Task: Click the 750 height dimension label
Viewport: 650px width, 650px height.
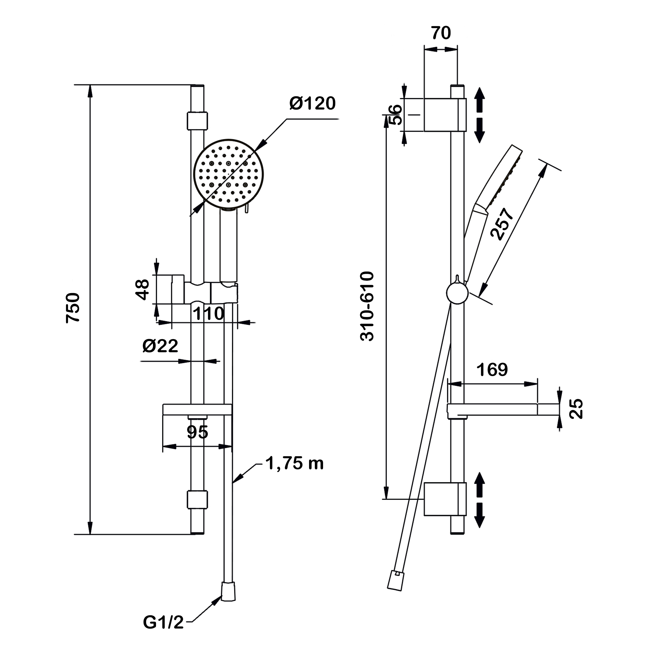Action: point(73,308)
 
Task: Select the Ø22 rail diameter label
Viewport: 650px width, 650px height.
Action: point(160,346)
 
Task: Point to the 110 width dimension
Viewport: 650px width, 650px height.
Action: point(208,313)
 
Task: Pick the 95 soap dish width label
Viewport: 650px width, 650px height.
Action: point(198,432)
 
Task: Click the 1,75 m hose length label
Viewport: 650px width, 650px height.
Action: point(294,463)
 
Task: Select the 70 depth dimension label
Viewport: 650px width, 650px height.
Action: point(441,33)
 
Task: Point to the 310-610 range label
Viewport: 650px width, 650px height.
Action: point(367,306)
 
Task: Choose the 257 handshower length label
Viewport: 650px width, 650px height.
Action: point(502,224)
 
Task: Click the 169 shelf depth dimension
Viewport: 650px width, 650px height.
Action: point(492,370)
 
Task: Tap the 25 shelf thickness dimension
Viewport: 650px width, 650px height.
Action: point(576,409)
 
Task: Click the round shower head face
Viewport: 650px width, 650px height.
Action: point(228,174)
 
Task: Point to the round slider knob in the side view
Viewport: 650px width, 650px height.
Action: point(457,293)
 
